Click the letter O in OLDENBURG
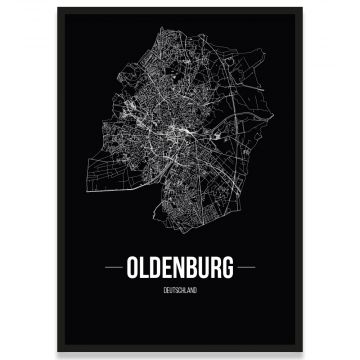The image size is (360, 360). (x=134, y=269)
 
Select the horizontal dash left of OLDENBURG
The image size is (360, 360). (x=114, y=269)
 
